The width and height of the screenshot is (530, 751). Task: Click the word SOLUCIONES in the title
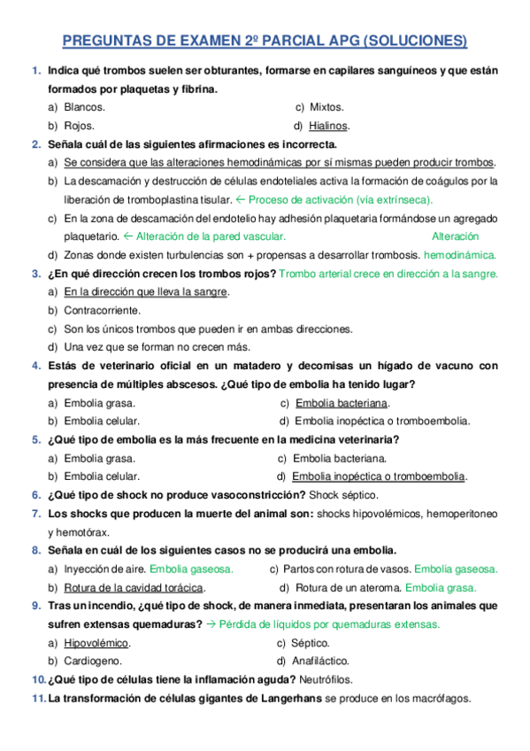(416, 41)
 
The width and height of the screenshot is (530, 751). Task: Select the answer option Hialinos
(328, 125)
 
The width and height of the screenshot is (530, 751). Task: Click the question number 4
(35, 365)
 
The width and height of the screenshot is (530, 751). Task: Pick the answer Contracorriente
(102, 310)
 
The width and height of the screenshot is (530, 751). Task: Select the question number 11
(38, 698)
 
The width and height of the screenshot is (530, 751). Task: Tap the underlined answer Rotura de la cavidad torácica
(134, 587)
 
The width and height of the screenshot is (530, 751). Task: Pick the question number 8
(35, 550)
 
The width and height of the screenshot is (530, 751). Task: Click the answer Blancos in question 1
(84, 106)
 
